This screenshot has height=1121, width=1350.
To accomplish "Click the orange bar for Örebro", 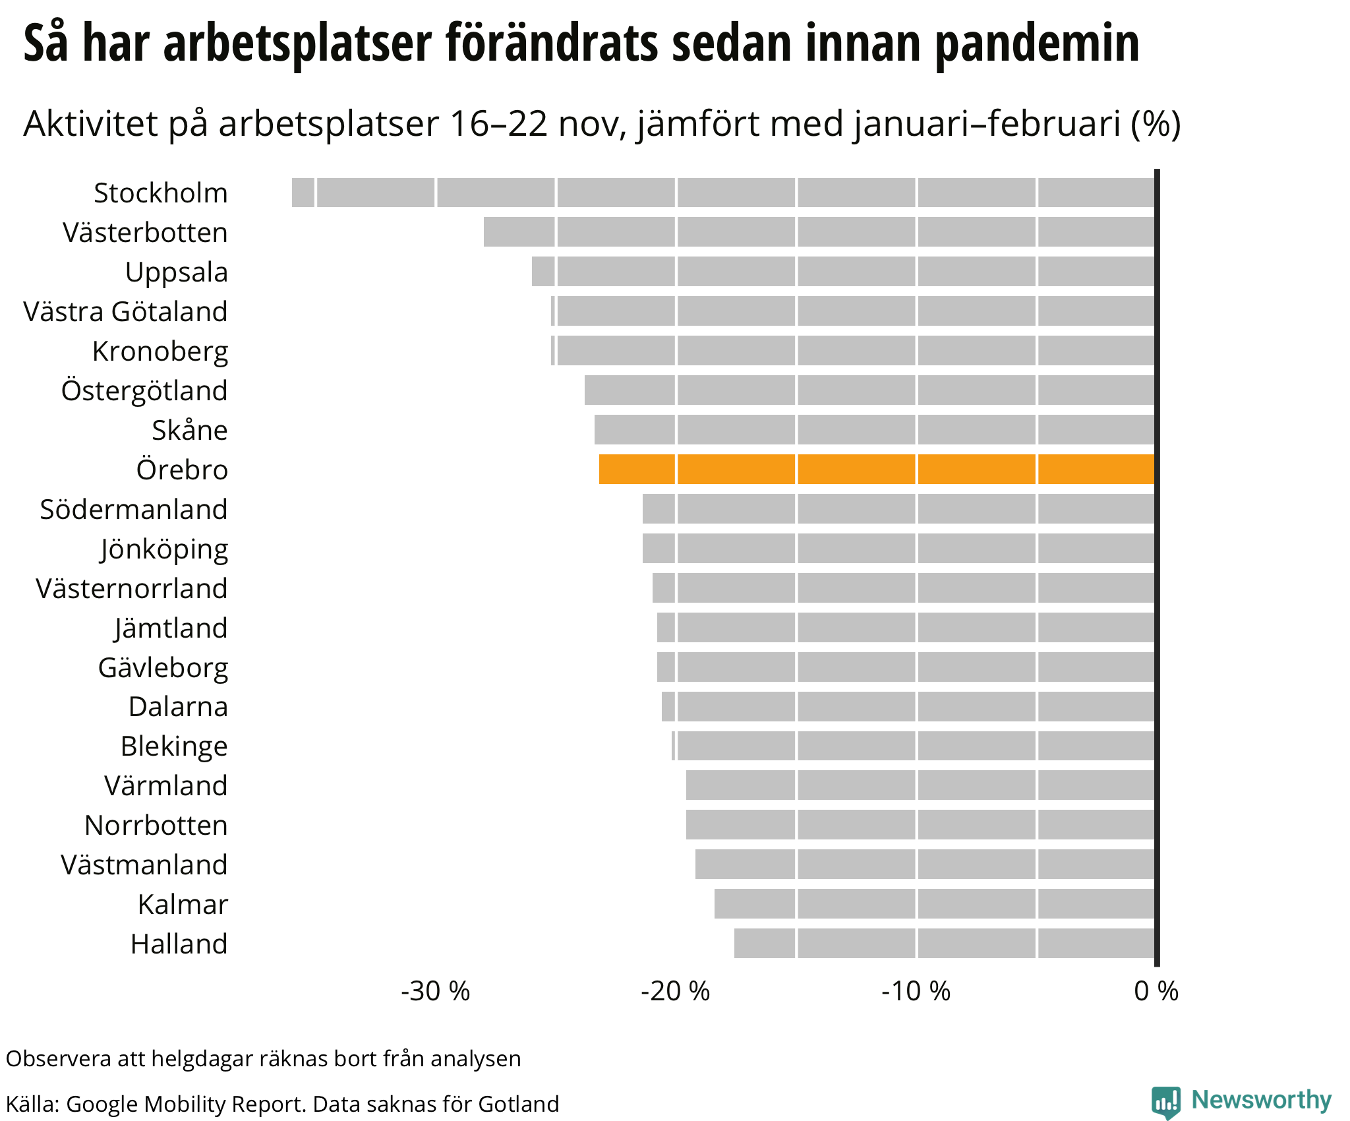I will (877, 470).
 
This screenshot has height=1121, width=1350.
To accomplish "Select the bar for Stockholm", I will (723, 193).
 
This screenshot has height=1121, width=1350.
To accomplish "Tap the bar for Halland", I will (944, 943).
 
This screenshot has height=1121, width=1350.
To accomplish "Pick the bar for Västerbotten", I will (819, 232).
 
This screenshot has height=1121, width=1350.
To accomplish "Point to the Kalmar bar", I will (934, 903).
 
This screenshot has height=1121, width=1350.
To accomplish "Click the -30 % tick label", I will (436, 991).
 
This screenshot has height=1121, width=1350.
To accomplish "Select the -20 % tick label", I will (676, 991).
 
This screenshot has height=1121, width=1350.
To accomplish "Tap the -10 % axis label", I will (916, 991).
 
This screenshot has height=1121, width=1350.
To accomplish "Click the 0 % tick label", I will (1156, 991).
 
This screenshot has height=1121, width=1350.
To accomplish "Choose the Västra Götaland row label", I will (125, 312).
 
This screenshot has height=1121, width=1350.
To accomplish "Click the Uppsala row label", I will (177, 272).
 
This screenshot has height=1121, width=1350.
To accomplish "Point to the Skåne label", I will (190, 431).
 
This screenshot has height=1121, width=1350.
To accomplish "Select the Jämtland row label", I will (171, 628).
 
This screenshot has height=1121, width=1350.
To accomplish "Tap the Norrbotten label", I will (156, 826).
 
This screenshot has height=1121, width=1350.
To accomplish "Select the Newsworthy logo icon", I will (1166, 1102).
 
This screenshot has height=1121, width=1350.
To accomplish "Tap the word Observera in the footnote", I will (59, 1058).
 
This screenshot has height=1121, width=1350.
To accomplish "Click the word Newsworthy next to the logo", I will (1262, 1100).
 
